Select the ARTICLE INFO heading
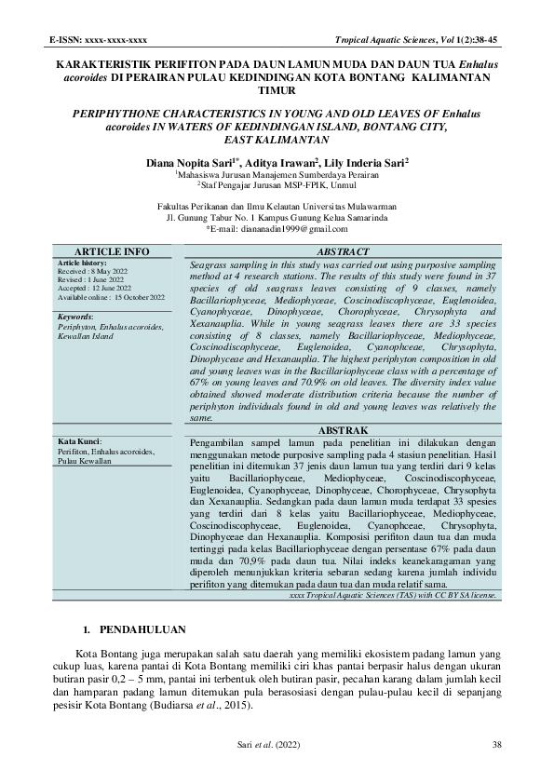(111, 252)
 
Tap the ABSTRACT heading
(344, 252)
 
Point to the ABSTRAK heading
(344, 431)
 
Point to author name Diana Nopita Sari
(192, 162)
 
